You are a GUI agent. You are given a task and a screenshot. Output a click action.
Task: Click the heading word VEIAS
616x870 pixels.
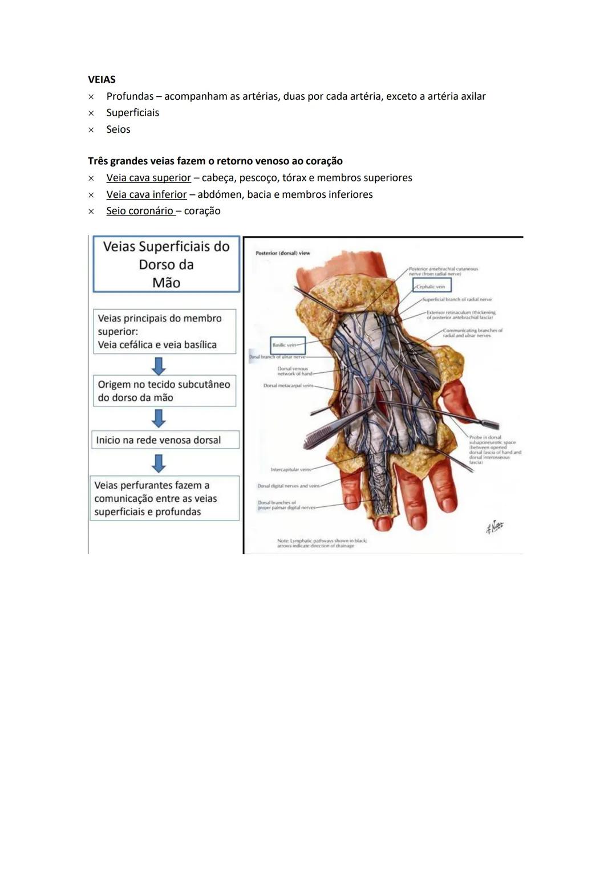point(102,79)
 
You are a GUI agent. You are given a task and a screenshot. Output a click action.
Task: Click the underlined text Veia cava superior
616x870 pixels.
point(148,178)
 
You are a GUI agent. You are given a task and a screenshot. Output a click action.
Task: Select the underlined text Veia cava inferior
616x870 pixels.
point(146,194)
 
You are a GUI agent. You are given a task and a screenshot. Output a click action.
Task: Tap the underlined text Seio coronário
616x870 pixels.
point(140,211)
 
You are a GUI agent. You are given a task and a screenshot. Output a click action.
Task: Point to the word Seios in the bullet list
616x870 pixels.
point(118,129)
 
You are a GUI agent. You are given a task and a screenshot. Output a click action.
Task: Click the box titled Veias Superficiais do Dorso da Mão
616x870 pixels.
point(166,265)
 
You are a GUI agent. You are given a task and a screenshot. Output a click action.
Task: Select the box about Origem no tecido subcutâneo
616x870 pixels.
point(164,391)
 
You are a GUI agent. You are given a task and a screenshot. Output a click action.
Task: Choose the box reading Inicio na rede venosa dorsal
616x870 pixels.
point(165,440)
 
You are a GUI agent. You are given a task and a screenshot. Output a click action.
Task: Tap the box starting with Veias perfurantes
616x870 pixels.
point(165,498)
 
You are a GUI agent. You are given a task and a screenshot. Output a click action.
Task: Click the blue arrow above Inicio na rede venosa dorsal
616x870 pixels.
point(159,418)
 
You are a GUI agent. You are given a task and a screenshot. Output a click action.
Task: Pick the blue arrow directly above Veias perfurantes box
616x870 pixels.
point(159,463)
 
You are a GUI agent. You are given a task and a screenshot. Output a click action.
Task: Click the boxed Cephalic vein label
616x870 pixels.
point(431,286)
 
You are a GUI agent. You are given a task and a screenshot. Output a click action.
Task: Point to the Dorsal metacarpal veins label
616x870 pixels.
point(289,386)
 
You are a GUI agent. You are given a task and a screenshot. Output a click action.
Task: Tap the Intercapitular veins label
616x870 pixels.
point(291,470)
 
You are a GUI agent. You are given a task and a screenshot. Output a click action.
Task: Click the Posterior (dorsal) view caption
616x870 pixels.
point(283,253)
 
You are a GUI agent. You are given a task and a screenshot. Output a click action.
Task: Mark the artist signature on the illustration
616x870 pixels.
point(495,527)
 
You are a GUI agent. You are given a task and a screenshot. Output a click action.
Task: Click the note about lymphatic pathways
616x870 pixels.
point(322,543)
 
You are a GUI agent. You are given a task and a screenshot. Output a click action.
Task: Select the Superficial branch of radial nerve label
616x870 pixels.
point(457,299)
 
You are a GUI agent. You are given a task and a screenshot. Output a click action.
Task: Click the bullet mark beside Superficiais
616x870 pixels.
point(91,113)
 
